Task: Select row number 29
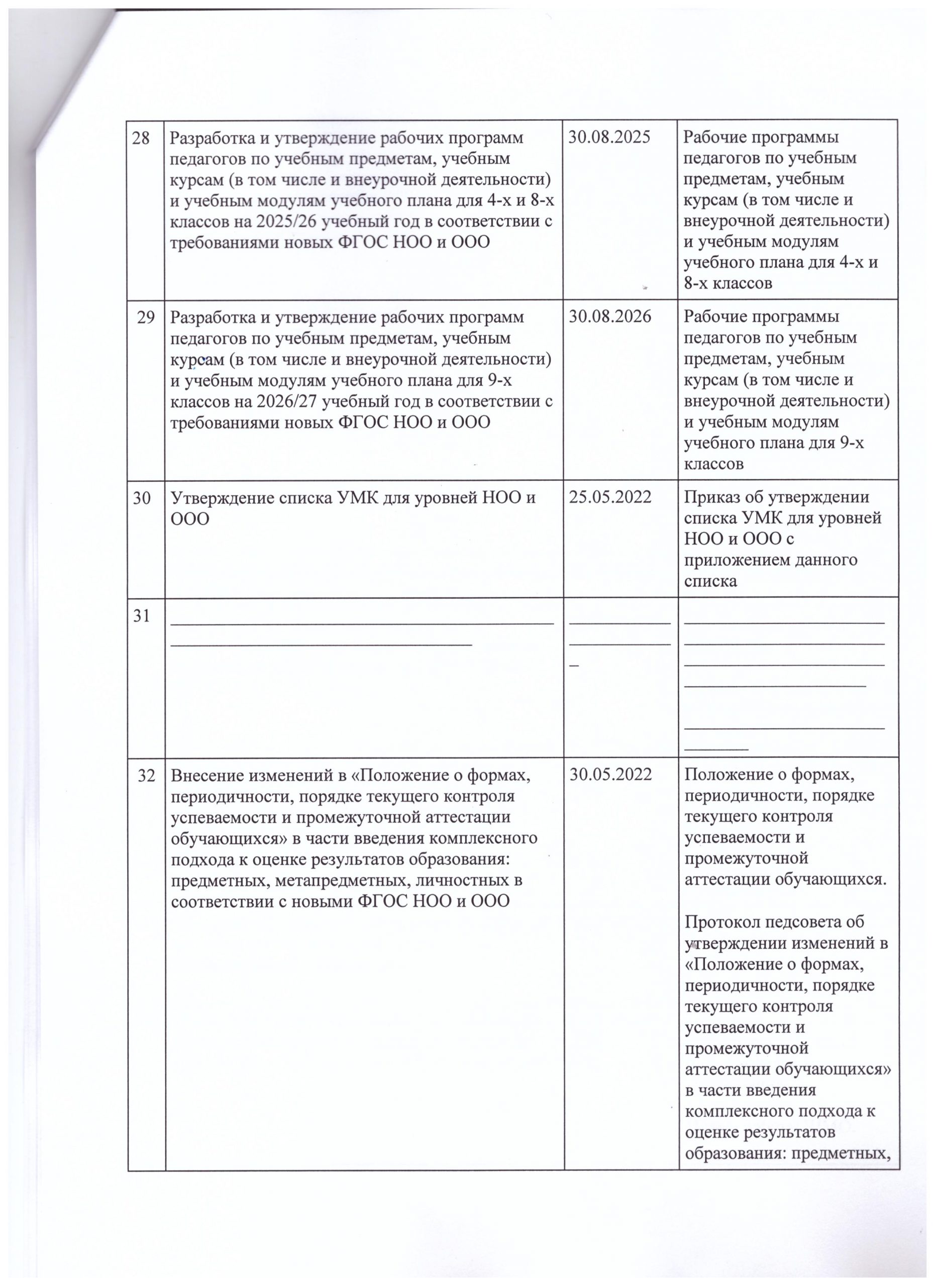coord(146,317)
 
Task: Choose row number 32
coord(146,775)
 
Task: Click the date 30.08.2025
coord(609,138)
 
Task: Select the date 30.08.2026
coord(609,317)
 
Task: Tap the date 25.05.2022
coord(609,498)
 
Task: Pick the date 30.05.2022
coord(609,775)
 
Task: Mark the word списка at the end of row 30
coord(710,581)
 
